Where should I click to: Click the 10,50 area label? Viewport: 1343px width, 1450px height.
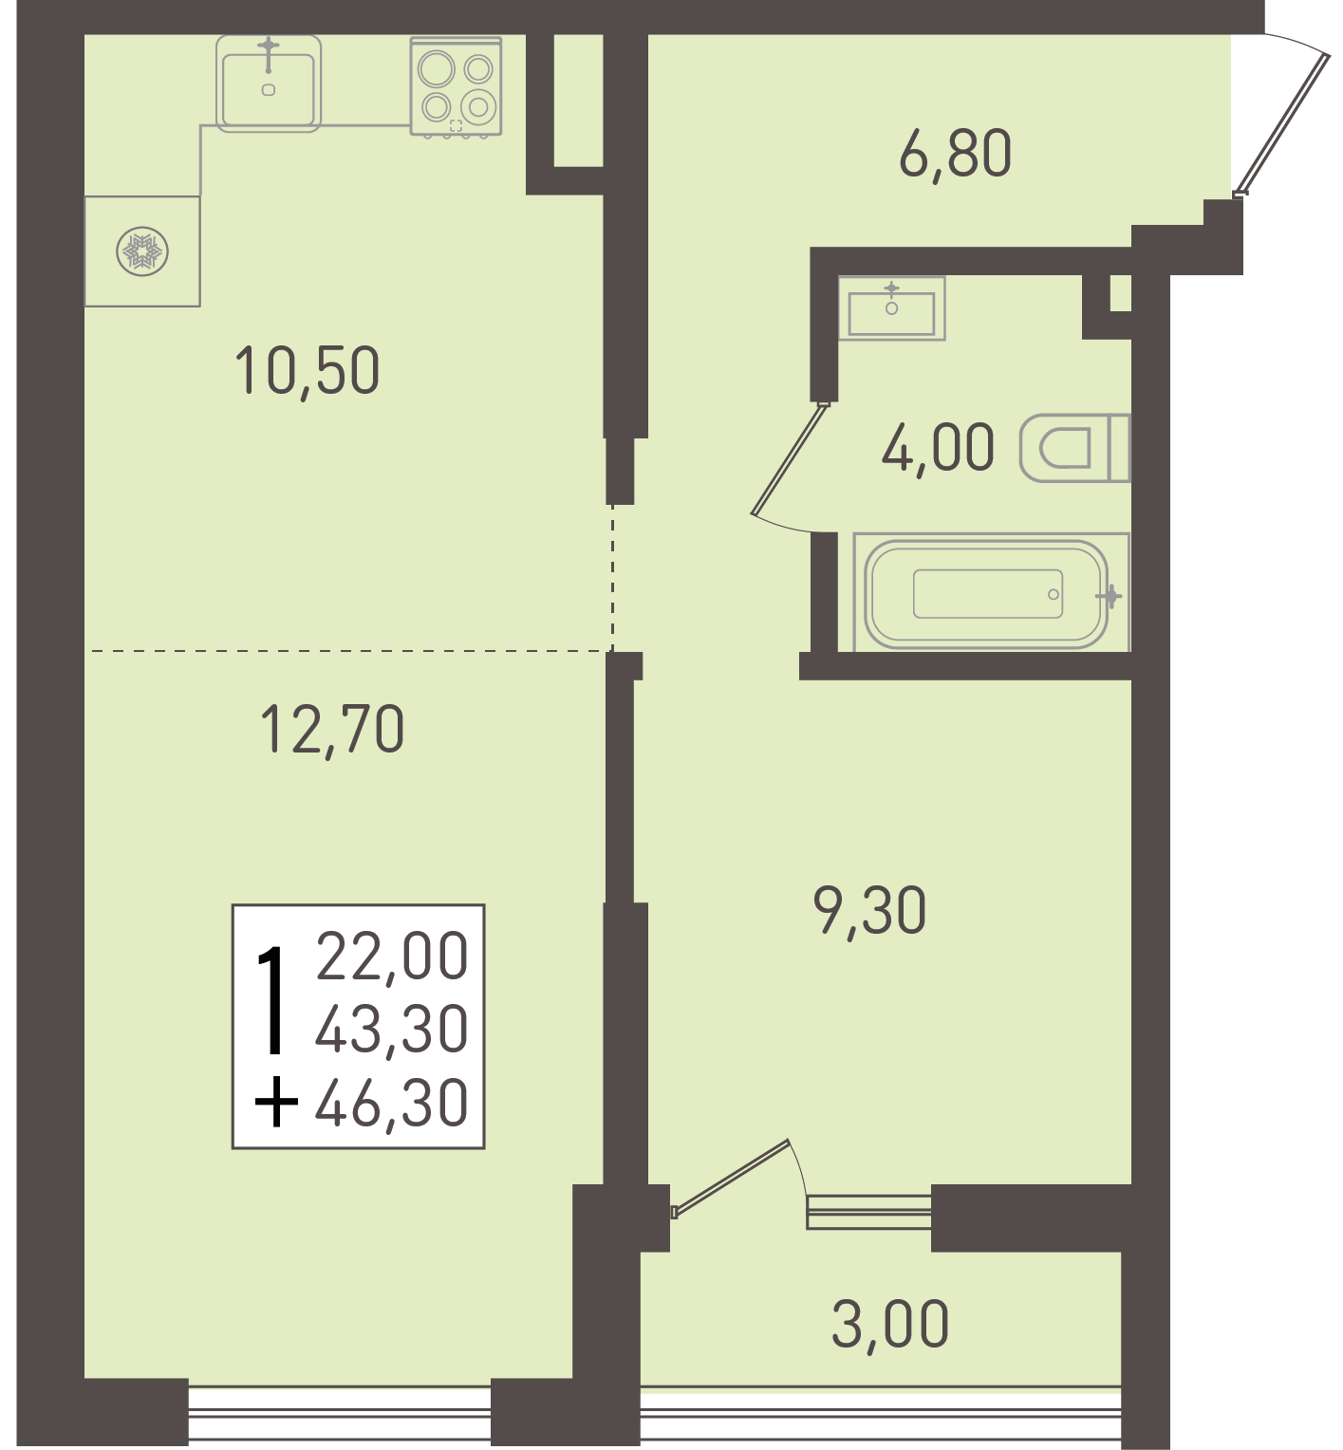tap(307, 370)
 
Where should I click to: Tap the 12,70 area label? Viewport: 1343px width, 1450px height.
tap(332, 729)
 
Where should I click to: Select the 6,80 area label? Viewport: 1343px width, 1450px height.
tap(955, 154)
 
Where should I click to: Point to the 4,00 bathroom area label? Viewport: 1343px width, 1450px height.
tap(938, 448)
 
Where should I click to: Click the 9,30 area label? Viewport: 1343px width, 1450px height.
tap(869, 910)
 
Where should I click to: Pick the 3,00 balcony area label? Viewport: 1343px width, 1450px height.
tap(890, 1324)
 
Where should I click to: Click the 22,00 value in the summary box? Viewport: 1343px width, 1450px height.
tap(392, 956)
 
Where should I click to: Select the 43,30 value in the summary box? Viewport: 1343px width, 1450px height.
tap(392, 1029)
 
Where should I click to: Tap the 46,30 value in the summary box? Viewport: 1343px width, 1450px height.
tap(392, 1103)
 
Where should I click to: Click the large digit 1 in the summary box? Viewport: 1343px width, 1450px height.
tap(273, 1000)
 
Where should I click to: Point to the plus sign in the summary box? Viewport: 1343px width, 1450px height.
tap(276, 1103)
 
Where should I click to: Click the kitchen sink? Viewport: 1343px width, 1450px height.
tap(269, 84)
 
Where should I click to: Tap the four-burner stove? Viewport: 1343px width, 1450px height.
tap(456, 86)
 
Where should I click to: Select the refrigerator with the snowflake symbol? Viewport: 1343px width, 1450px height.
tap(142, 251)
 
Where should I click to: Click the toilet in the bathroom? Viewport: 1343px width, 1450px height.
tap(1075, 448)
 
